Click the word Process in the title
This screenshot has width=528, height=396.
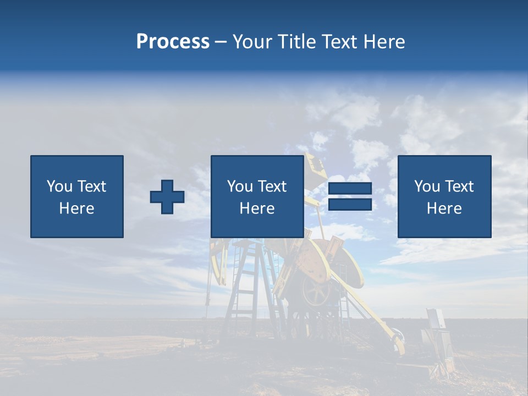(173, 42)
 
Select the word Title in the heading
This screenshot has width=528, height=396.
(296, 42)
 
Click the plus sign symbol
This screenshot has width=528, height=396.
(167, 197)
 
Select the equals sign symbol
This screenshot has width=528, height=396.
(350, 196)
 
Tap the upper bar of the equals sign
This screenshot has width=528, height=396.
(350, 189)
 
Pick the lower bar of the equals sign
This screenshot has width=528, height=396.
(350, 204)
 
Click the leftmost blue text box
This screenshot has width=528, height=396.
(77, 196)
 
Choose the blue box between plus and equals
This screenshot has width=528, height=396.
(257, 196)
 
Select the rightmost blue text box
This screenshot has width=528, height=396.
(444, 196)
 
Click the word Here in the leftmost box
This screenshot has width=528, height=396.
(77, 208)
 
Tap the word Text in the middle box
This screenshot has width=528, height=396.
(272, 186)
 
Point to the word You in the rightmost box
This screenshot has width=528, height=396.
(427, 186)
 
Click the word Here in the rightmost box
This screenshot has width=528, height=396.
(444, 208)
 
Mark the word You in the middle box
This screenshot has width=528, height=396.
(240, 186)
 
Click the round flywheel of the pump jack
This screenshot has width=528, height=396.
(317, 291)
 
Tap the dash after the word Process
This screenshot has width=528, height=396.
(221, 42)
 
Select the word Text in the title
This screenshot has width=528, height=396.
(338, 42)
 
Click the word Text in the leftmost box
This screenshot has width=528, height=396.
(92, 186)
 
